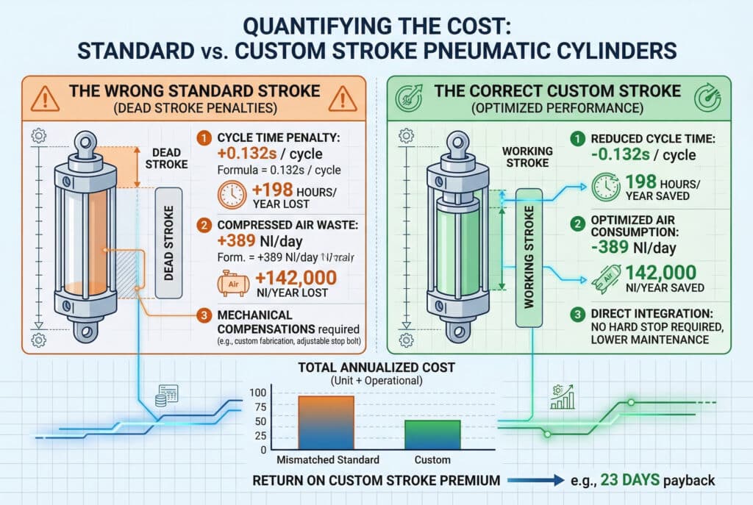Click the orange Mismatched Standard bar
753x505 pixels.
click(x=326, y=422)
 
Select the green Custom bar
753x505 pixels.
click(x=432, y=434)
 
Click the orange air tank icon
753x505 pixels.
click(x=229, y=281)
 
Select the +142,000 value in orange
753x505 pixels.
click(x=294, y=277)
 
